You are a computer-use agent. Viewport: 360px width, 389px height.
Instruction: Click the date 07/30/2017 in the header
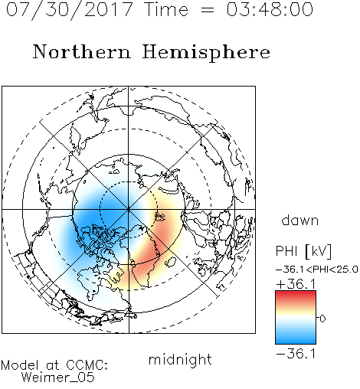(69, 10)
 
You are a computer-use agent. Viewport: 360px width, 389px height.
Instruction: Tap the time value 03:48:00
(270, 9)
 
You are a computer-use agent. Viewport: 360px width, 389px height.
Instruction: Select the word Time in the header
(166, 9)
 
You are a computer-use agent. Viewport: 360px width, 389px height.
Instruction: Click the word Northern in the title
(82, 51)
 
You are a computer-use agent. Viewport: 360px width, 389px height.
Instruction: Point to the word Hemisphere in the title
(206, 53)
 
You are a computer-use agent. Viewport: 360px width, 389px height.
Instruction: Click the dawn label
(300, 220)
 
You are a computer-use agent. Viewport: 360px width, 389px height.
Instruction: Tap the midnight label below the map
(180, 360)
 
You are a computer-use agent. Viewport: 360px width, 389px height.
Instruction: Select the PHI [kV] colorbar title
(303, 251)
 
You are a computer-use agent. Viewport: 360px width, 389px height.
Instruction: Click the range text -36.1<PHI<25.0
(317, 270)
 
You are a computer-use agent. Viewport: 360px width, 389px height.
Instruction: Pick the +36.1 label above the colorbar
(296, 284)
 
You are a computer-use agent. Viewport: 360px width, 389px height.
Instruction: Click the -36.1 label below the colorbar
(296, 354)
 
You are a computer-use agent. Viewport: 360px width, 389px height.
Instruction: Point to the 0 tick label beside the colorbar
(322, 319)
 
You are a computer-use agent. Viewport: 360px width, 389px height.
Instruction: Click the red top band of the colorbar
(296, 294)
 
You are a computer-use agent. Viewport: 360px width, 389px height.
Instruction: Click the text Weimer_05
(58, 378)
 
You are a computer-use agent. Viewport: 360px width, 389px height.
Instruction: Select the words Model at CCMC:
(54, 365)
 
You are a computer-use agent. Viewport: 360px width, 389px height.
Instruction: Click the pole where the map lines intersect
(129, 210)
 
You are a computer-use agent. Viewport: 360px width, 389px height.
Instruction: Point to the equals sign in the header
(207, 10)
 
